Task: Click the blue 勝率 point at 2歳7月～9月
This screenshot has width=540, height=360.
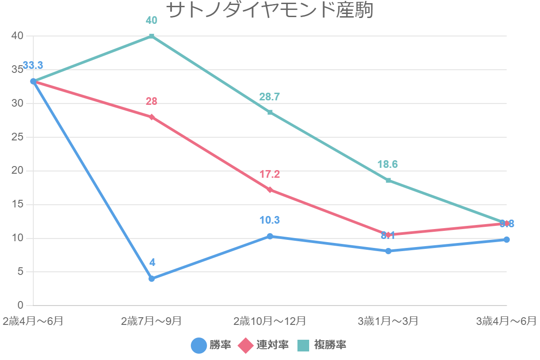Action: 152,279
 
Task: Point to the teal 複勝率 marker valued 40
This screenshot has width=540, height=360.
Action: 152,36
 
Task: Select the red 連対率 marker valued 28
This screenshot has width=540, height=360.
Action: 152,117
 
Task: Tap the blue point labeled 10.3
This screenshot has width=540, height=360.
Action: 270,236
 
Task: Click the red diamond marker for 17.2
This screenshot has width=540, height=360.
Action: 270,190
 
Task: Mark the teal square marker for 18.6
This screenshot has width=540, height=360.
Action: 388,180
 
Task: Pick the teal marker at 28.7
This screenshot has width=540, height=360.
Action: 270,112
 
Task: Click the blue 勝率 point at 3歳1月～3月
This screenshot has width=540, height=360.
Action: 388,251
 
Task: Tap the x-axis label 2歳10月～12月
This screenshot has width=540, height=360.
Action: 270,321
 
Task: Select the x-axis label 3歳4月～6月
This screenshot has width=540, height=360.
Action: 507,321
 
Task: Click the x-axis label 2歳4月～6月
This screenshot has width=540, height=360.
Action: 33,321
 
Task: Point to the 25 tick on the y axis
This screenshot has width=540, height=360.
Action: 18,137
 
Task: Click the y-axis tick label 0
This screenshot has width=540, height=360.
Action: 21,306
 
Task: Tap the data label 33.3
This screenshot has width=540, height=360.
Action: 33,66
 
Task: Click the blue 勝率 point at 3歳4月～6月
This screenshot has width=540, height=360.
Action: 507,239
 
